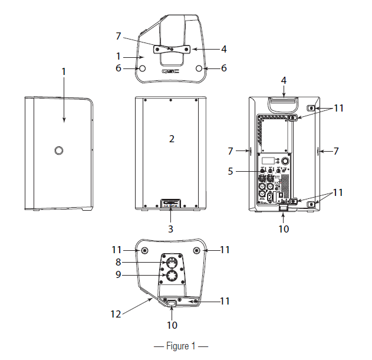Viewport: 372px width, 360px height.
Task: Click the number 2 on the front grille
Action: click(171, 139)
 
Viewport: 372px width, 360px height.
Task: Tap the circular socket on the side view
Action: click(59, 151)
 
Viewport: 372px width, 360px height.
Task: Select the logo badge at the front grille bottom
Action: click(171, 203)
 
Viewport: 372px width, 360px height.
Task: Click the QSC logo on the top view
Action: click(171, 73)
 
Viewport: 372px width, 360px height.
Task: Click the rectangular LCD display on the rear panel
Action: click(268, 161)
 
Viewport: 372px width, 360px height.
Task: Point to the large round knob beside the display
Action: click(286, 161)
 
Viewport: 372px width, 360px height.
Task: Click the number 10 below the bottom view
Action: click(172, 324)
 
